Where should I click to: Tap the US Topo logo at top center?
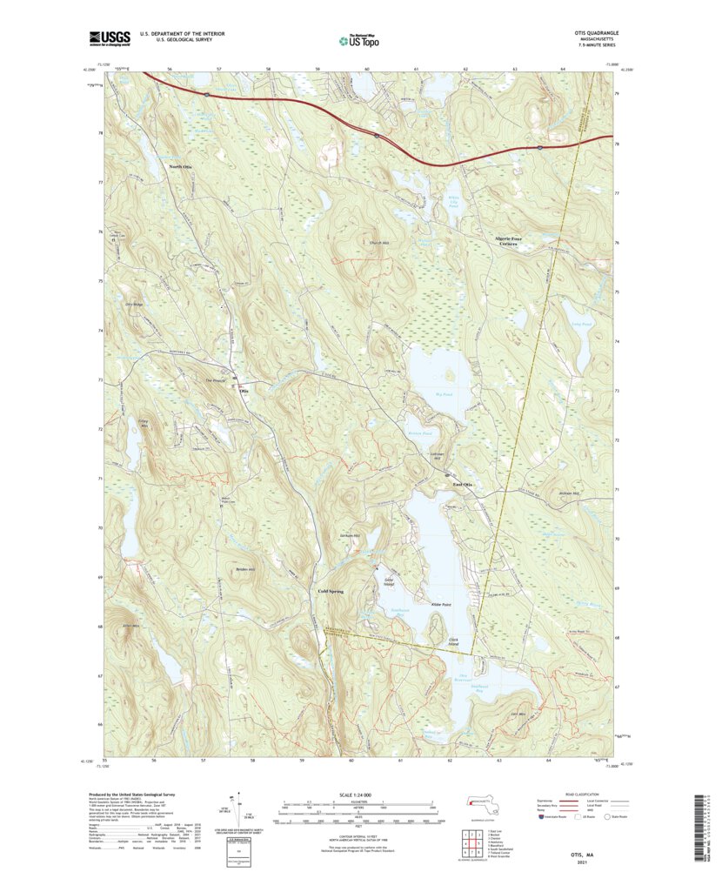359,39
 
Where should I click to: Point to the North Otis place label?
181,166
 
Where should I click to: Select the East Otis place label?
461,485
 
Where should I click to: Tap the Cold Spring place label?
326,592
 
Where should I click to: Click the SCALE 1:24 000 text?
359,794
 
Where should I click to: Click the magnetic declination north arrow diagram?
233,809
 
